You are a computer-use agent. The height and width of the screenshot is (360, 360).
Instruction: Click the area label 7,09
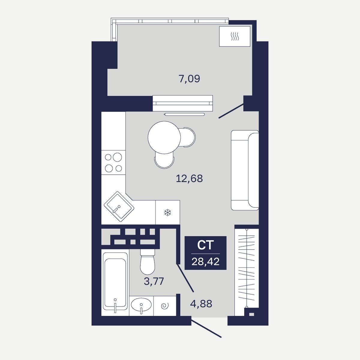point(189,79)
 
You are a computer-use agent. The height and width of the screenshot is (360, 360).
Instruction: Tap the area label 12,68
point(189,178)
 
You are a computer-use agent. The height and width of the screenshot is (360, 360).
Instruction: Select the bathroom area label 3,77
point(154,281)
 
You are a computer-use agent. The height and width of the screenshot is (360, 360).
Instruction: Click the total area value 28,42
point(205,262)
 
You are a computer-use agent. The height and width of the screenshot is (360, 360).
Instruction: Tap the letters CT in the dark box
point(205,245)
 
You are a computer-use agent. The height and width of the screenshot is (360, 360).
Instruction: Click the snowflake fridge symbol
point(168,213)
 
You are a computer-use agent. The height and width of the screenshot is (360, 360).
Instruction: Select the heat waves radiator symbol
point(235,36)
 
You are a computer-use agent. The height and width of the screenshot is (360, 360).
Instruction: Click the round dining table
point(164,137)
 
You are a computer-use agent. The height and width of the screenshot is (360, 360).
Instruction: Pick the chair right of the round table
point(189,137)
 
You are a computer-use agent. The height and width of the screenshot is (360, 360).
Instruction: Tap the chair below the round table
point(164,161)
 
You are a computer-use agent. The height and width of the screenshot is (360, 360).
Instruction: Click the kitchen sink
point(119,206)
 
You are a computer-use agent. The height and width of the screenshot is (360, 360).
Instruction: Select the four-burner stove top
point(113,162)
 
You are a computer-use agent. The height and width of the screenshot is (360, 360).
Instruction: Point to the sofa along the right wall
point(245,170)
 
